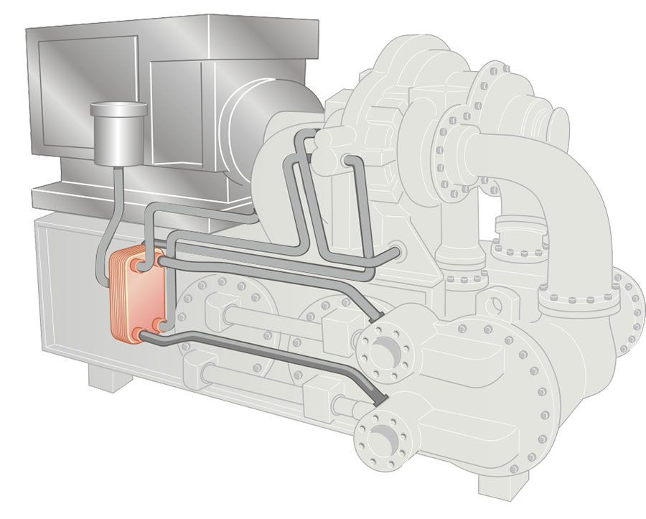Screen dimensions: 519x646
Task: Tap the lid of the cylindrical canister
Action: (x=118, y=110)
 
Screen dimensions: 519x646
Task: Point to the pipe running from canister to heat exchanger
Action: (x=108, y=215)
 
